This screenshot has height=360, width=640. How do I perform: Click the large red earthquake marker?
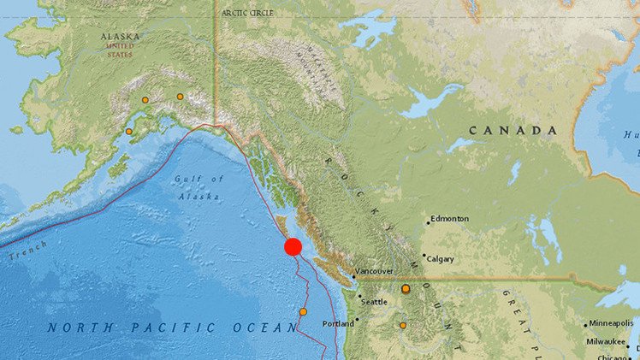click(293, 247)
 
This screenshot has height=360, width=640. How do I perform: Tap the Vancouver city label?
click(374, 271)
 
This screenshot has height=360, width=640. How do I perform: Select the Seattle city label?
click(374, 302)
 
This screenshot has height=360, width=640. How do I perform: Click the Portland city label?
click(338, 324)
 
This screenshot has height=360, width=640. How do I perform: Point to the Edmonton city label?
click(450, 219)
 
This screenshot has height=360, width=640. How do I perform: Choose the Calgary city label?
click(441, 259)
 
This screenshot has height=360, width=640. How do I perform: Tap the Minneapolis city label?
click(612, 324)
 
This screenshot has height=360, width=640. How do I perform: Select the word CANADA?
click(513, 131)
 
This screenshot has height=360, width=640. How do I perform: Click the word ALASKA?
click(120, 38)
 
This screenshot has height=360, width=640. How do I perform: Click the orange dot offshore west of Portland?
click(303, 311)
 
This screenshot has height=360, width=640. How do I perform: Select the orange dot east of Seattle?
click(406, 289)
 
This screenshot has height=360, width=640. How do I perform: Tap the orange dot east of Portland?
click(402, 325)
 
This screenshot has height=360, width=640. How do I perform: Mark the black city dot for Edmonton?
click(428, 224)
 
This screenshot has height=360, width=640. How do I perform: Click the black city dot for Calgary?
click(424, 255)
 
